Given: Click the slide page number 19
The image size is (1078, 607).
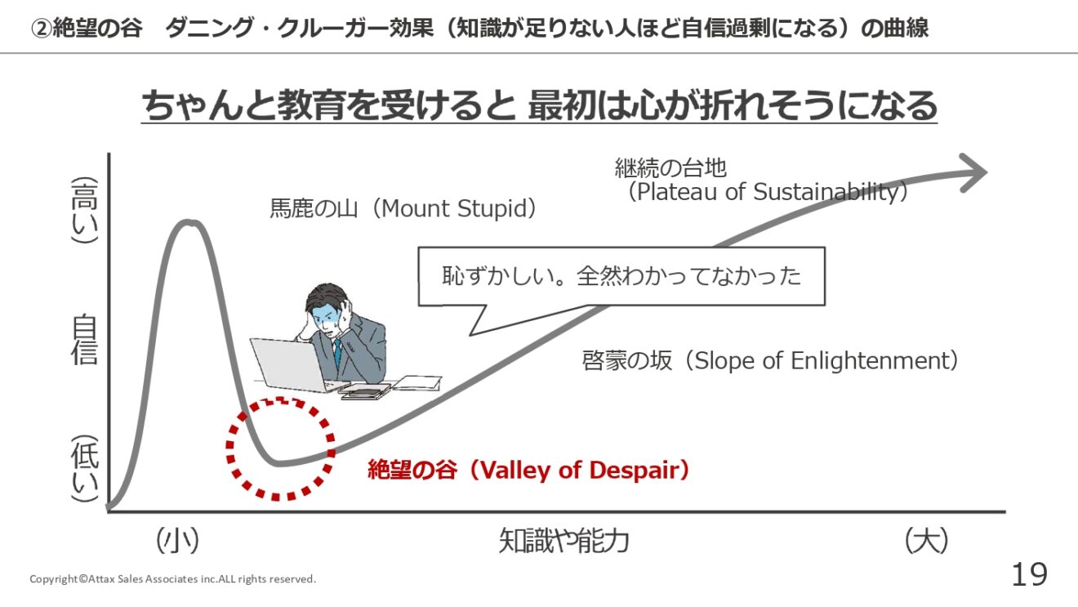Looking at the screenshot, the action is pyautogui.click(x=1029, y=574).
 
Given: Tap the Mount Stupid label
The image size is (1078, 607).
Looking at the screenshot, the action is pyautogui.click(x=403, y=208).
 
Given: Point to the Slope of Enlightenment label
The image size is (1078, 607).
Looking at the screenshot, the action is pyautogui.click(x=770, y=360).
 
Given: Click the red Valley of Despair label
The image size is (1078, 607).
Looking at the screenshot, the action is pyautogui.click(x=528, y=470).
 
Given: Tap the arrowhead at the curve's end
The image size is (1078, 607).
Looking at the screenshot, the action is pyautogui.click(x=974, y=173).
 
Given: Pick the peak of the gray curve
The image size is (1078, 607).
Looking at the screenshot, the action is pyautogui.click(x=189, y=222).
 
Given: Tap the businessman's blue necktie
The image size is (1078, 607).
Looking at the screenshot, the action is pyautogui.click(x=338, y=353).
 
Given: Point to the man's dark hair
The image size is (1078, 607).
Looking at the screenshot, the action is pyautogui.click(x=327, y=295).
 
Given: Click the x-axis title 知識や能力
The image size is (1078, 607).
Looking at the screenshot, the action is pyautogui.click(x=563, y=541).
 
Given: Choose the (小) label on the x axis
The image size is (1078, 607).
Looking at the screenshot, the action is pyautogui.click(x=177, y=541).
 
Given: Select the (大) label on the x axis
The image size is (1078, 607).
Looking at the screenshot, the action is pyautogui.click(x=926, y=541).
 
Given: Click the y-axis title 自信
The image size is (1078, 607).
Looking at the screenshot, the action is pyautogui.click(x=85, y=339).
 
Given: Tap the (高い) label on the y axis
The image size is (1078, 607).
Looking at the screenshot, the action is pyautogui.click(x=85, y=210).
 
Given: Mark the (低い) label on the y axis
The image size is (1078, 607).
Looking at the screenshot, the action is pyautogui.click(x=85, y=469).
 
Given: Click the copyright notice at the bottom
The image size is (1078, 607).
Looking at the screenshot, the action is pyautogui.click(x=173, y=578).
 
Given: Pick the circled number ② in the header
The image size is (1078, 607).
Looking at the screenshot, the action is pyautogui.click(x=41, y=28).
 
